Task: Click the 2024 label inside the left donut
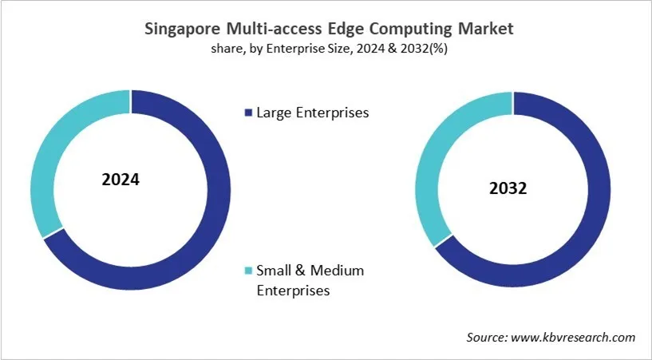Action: pyautogui.click(x=121, y=179)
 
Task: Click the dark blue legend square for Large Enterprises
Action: pyautogui.click(x=248, y=113)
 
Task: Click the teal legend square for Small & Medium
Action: pyautogui.click(x=248, y=271)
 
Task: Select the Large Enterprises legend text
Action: pyautogui.click(x=312, y=113)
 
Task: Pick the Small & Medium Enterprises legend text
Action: pyautogui.click(x=310, y=280)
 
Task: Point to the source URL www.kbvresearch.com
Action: pyautogui.click(x=573, y=338)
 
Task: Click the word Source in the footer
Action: pyautogui.click(x=486, y=338)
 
